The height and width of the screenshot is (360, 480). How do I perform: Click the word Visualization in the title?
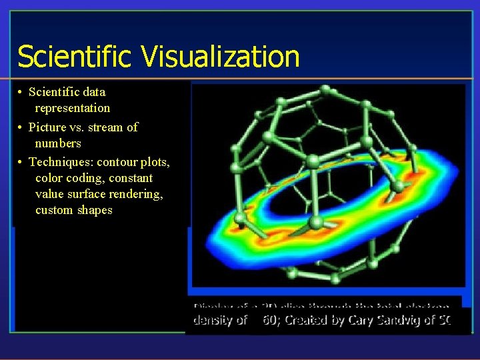pos(220,57)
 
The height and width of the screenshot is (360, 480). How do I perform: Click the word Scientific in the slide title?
pos(75,57)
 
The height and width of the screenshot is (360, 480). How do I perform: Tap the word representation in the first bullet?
pos(73,108)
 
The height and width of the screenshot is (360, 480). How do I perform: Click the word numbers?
pos(58,143)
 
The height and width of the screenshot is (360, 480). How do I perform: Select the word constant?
pos(132,178)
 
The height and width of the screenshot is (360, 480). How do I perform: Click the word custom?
pos(55,210)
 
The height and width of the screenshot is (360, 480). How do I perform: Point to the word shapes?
pos(96,210)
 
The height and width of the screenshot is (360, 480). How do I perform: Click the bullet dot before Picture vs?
pos(21,127)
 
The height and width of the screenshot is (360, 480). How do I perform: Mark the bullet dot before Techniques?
pos(21,162)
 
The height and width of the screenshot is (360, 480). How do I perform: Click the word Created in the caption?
pos(313,320)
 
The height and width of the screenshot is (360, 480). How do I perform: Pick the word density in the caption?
pos(213,320)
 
